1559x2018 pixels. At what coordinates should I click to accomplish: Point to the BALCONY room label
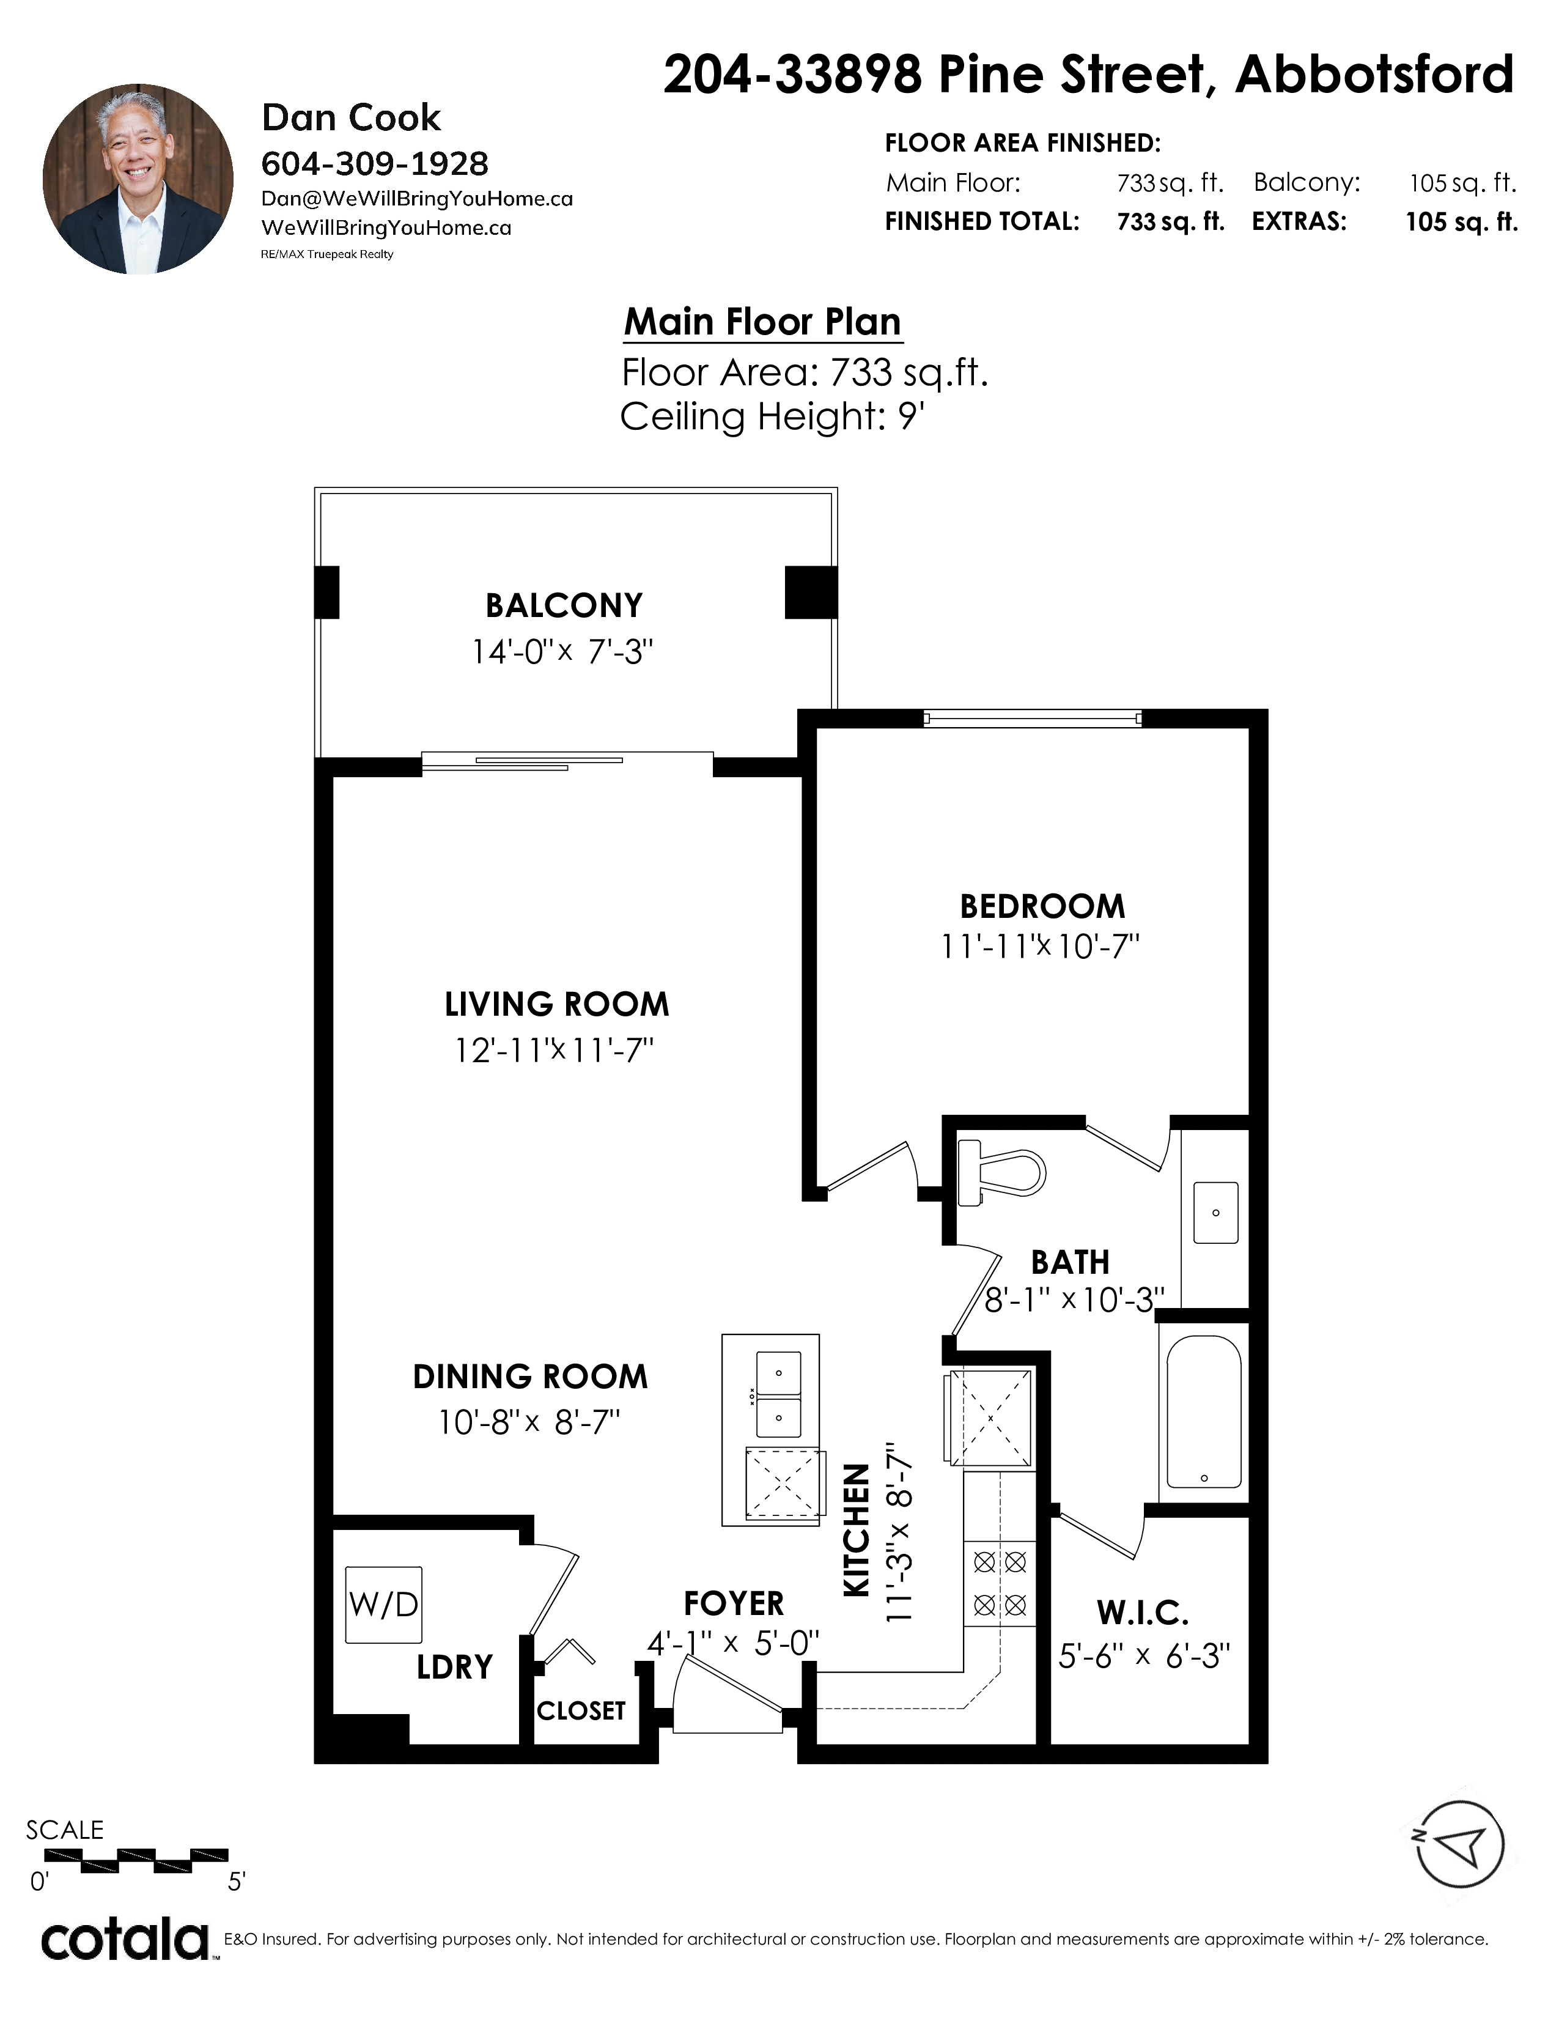[564, 605]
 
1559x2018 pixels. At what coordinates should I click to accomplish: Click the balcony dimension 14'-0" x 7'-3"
[562, 651]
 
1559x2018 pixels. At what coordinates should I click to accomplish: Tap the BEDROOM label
[1043, 906]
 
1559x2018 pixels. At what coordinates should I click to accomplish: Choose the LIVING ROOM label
[557, 1004]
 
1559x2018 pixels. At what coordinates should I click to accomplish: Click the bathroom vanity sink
[1215, 1212]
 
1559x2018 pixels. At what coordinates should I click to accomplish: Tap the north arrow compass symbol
[1459, 1844]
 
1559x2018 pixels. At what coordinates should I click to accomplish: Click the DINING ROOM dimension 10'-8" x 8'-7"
[529, 1421]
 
